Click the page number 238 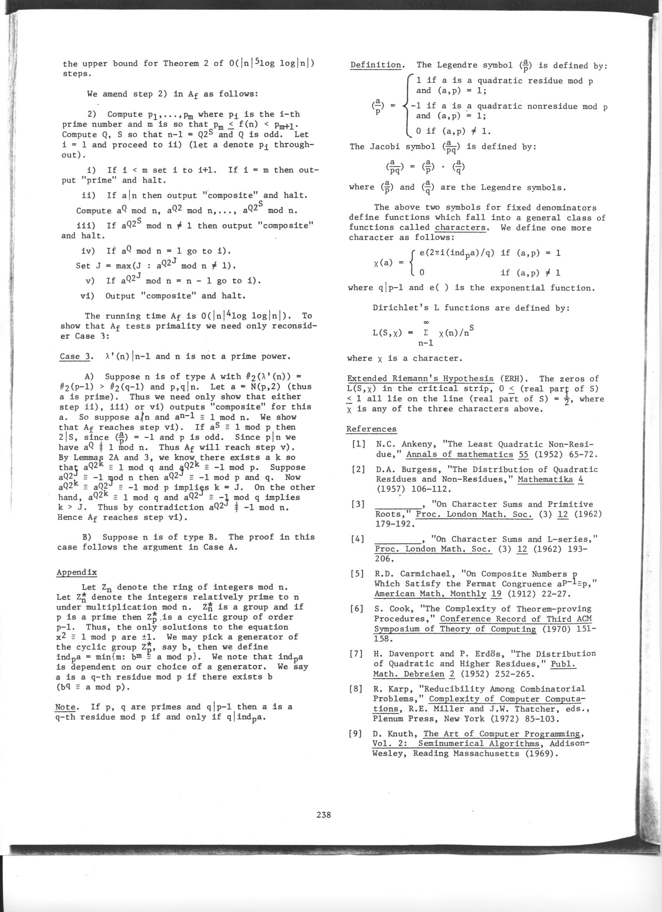[324, 815]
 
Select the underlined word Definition [375, 65]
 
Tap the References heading [371, 429]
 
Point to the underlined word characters [460, 228]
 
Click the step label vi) [87, 296]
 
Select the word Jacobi [384, 147]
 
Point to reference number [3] [358, 504]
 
